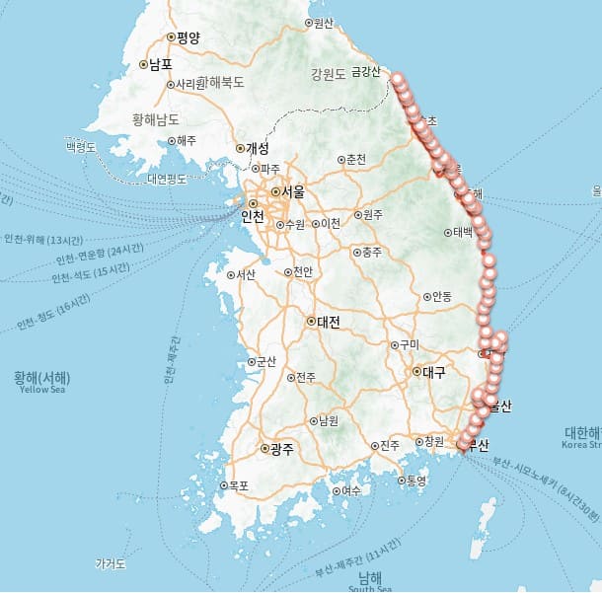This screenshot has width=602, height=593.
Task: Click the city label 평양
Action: [188, 37]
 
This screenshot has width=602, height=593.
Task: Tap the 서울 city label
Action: [293, 191]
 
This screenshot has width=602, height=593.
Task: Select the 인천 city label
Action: [253, 216]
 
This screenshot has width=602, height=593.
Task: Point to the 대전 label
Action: [328, 321]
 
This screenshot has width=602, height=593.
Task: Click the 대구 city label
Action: [433, 372]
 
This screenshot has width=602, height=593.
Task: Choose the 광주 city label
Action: [282, 448]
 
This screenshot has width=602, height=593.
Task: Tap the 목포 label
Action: [238, 485]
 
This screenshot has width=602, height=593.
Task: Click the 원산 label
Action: [323, 23]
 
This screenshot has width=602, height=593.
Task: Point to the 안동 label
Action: [440, 296]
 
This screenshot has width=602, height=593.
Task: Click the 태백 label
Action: [464, 233]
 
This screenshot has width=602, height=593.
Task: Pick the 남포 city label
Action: [160, 65]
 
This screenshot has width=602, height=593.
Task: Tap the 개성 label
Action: [256, 148]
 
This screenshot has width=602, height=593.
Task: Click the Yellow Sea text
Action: [41, 390]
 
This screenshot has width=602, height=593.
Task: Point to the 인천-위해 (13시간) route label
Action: [45, 239]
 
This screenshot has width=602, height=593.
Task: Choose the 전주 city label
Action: [306, 377]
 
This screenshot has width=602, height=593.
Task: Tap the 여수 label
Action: [350, 490]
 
